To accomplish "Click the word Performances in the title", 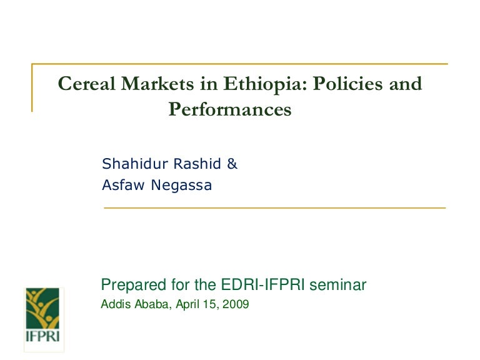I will [x=230, y=110].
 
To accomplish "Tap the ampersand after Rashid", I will [x=232, y=164].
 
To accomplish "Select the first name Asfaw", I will [x=120, y=185].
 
